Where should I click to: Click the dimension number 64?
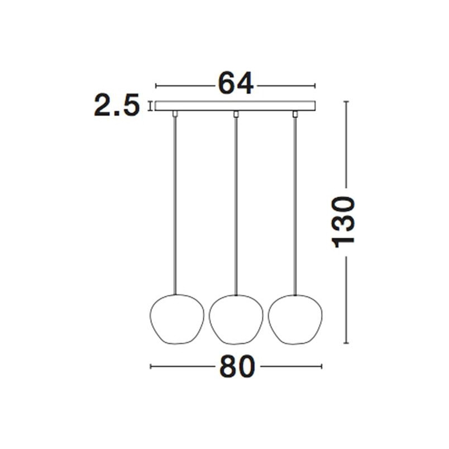235,83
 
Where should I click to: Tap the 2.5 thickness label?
117,105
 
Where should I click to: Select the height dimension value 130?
343,222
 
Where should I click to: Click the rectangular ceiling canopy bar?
235,106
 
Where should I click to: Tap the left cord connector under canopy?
175,114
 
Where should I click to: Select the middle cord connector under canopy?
236,114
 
